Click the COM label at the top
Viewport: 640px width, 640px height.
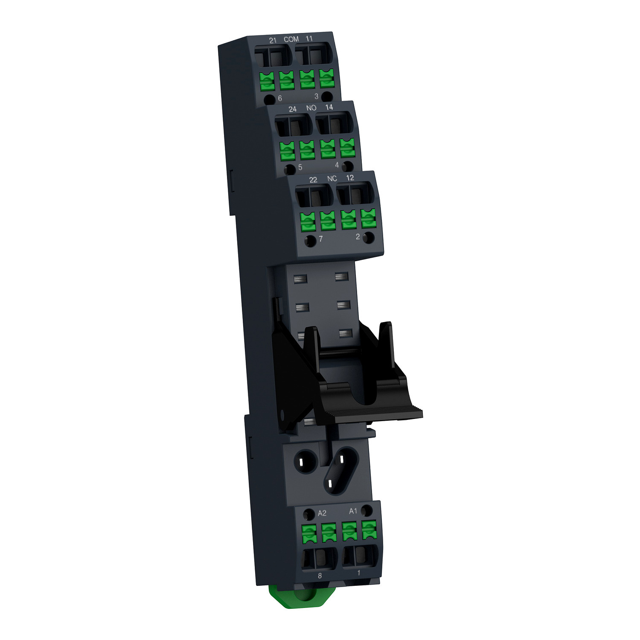tap(291, 39)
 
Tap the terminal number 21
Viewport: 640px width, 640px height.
tap(273, 40)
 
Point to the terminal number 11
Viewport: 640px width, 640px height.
tap(309, 38)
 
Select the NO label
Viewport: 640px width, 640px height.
tap(311, 108)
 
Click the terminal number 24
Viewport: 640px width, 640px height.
tap(292, 109)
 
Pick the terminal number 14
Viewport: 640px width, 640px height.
tap(329, 107)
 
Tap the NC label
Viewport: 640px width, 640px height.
tap(332, 178)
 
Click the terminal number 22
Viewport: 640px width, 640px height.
tap(313, 180)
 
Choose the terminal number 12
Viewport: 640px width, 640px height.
tap(350, 177)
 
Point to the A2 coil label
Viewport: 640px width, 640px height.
tap(323, 512)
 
